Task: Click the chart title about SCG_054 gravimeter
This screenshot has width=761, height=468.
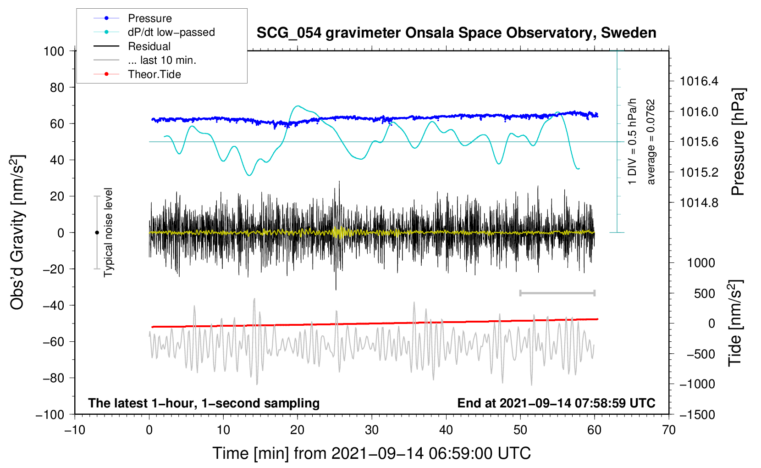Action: point(456,33)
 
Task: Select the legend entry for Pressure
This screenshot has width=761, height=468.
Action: point(149,18)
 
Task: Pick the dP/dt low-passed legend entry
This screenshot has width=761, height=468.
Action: point(171,32)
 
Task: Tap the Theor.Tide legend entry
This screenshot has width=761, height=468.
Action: point(154,74)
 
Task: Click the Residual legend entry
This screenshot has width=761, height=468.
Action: point(149,46)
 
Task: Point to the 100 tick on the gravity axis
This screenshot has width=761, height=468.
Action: point(54,51)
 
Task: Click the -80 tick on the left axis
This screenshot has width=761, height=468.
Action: point(54,378)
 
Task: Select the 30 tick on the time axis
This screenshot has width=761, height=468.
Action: point(372,430)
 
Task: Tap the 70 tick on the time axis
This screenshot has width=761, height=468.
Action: point(669,430)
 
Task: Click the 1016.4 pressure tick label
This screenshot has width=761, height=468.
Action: point(699,81)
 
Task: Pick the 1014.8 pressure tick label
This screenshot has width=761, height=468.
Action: point(699,202)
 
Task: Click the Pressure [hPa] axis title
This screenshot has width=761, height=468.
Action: point(738,142)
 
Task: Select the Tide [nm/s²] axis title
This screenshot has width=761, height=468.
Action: point(735,323)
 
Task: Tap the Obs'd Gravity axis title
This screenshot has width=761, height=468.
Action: point(17,232)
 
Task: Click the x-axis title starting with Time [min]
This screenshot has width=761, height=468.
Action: point(372,453)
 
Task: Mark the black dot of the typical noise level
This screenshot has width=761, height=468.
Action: point(97,233)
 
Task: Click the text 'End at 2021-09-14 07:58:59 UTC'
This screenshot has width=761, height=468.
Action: point(556,403)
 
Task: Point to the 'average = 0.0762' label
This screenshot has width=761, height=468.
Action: point(651,142)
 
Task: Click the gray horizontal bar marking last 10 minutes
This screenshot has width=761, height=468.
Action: point(557,293)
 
